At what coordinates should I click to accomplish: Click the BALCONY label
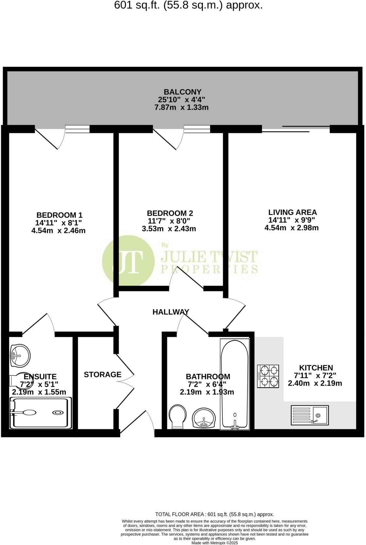tap(182, 92)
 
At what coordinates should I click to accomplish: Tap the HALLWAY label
tap(171, 312)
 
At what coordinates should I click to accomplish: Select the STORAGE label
tap(102, 375)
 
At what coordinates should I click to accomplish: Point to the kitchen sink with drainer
tap(310, 415)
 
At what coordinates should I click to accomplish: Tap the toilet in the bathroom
tap(178, 417)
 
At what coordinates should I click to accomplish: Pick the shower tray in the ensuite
tap(41, 413)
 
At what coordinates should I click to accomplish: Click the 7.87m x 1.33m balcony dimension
tap(181, 108)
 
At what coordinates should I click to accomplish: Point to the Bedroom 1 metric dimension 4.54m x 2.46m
tap(58, 230)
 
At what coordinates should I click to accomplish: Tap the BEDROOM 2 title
tap(170, 213)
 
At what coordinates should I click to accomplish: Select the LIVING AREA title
tap(292, 212)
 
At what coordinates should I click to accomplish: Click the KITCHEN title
tap(316, 368)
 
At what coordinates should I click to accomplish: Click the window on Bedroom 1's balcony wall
tap(77, 129)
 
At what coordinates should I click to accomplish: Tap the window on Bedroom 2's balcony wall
tap(197, 129)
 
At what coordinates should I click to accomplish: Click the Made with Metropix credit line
tap(215, 543)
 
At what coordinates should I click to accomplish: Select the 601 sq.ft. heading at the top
tap(188, 5)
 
